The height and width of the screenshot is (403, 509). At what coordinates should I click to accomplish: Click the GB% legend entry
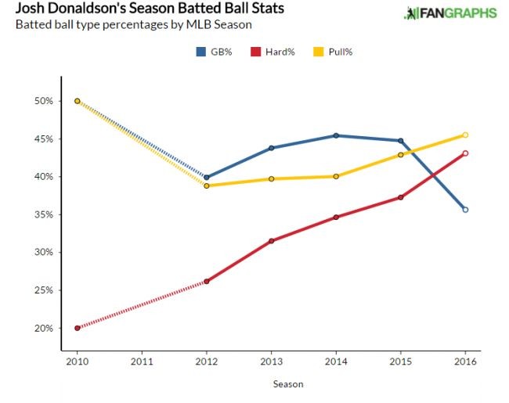[x=216, y=52]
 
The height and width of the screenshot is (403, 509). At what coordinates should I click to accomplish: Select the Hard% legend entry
[x=268, y=52]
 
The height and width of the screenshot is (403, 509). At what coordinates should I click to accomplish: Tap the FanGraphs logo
[x=449, y=13]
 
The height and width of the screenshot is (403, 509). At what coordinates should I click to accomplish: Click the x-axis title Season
[x=287, y=384]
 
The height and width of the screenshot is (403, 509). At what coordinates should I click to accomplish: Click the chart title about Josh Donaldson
[x=150, y=9]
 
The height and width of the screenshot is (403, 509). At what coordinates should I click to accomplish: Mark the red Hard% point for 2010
[x=76, y=328]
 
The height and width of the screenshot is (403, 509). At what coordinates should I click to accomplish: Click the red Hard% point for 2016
[x=465, y=153]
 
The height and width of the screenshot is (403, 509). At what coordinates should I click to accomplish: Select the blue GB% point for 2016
[x=465, y=210]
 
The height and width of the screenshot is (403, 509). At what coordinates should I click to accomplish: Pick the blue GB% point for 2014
[x=336, y=135]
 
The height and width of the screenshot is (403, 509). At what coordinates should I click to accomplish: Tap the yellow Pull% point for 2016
[x=465, y=135]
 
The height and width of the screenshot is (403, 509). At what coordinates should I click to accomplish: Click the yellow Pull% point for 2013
[x=271, y=179]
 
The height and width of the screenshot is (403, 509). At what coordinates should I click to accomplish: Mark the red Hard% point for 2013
[x=271, y=241]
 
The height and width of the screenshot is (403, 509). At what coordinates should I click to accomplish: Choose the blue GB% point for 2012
[x=206, y=177]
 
